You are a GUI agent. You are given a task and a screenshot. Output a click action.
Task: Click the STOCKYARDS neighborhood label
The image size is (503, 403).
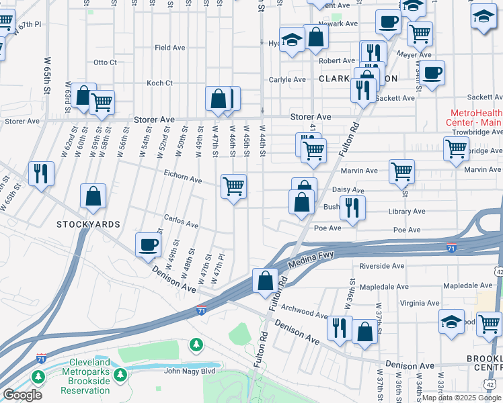click(88, 224)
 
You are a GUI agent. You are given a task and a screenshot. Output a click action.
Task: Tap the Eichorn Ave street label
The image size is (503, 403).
click(183, 180)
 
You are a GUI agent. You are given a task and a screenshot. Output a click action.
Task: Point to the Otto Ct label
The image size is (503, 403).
click(105, 62)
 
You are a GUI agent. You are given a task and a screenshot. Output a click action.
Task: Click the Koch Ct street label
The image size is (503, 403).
click(160, 83)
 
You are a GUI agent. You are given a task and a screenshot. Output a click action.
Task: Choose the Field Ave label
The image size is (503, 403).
click(169, 48)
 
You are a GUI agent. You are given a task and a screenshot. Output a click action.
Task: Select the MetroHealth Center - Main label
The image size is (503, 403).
click(473, 118)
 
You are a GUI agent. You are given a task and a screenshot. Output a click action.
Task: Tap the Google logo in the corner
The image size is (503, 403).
click(22, 395)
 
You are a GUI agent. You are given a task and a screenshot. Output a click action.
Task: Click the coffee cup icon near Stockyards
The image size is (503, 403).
click(148, 245)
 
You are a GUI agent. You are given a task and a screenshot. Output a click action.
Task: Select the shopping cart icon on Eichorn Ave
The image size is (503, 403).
click(233, 186)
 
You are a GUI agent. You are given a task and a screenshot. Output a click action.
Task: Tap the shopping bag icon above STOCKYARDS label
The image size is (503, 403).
click(93, 196)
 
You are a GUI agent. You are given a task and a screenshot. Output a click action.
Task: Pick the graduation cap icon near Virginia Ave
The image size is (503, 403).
click(451, 321)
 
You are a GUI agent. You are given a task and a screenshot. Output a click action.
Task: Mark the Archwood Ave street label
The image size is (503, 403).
click(305, 312)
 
